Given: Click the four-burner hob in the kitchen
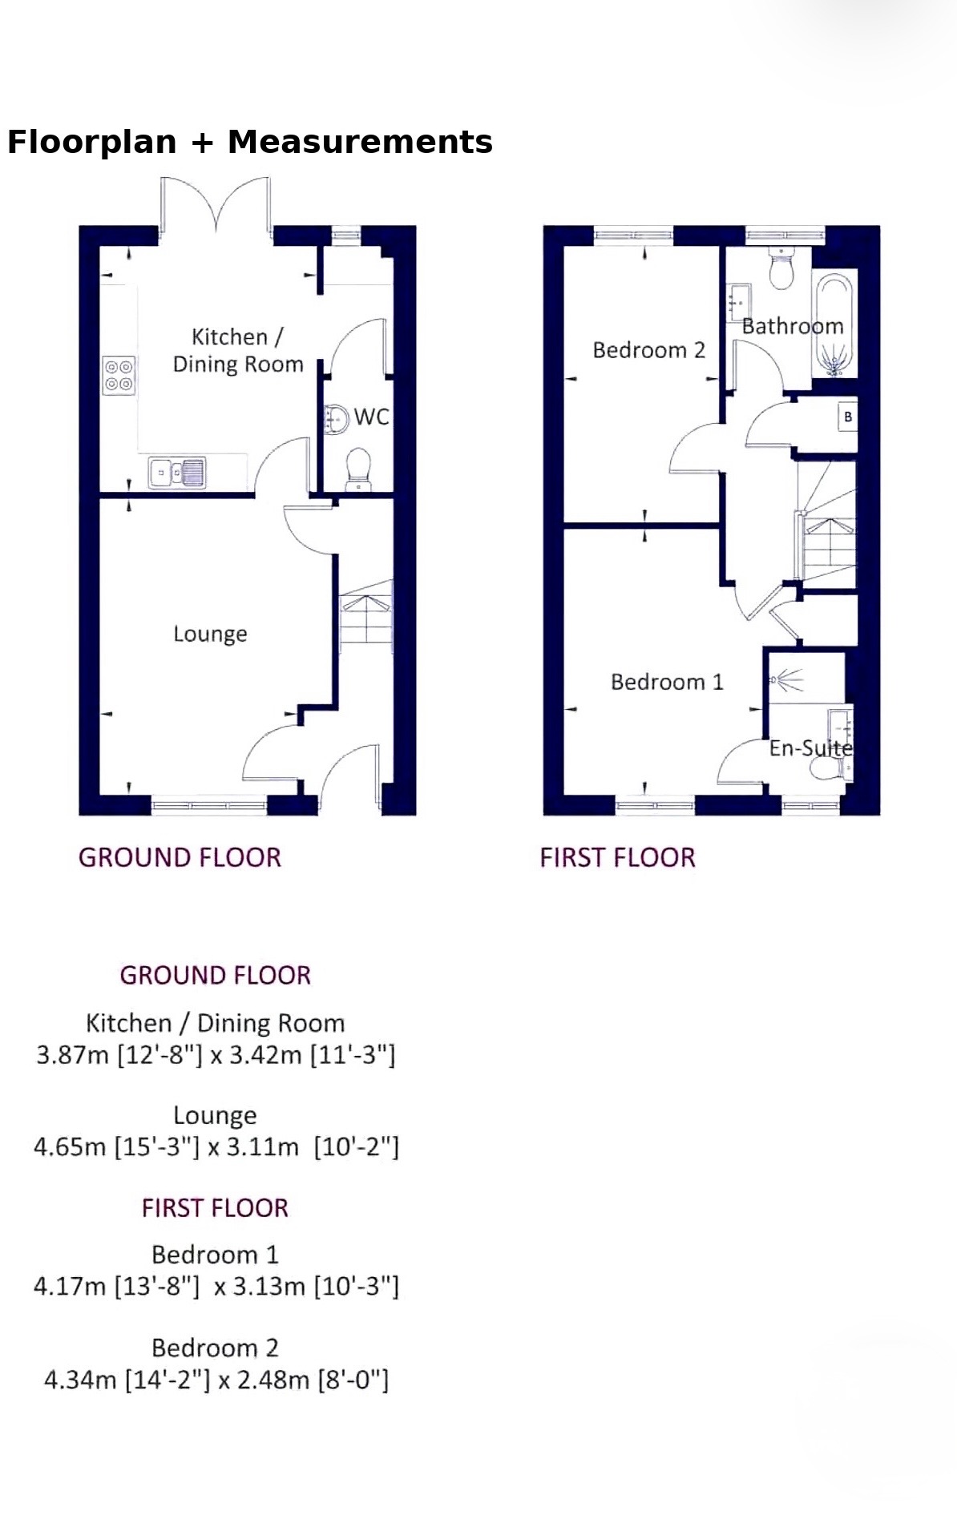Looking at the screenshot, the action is [119, 376].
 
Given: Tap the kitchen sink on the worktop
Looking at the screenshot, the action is [177, 472].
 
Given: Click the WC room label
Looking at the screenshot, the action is [372, 417].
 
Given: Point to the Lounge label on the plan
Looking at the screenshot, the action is [210, 635].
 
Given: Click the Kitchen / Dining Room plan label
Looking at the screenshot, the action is [238, 351].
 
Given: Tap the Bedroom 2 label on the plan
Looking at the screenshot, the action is [649, 350].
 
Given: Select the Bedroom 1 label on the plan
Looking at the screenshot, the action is [667, 682].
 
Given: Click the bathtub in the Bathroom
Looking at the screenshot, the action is [834, 326].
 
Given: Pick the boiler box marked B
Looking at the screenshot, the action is [847, 417].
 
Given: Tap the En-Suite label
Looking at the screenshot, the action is [810, 748].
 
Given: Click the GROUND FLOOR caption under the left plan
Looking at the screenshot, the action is [180, 858].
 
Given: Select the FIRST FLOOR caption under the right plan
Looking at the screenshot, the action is [618, 858].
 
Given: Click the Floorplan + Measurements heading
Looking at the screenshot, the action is [250, 142].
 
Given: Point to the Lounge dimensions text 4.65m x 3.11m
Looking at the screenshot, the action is [216, 1147].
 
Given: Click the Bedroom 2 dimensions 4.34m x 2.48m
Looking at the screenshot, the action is [216, 1380].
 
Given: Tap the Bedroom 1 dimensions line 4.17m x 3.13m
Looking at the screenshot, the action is [216, 1287].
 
